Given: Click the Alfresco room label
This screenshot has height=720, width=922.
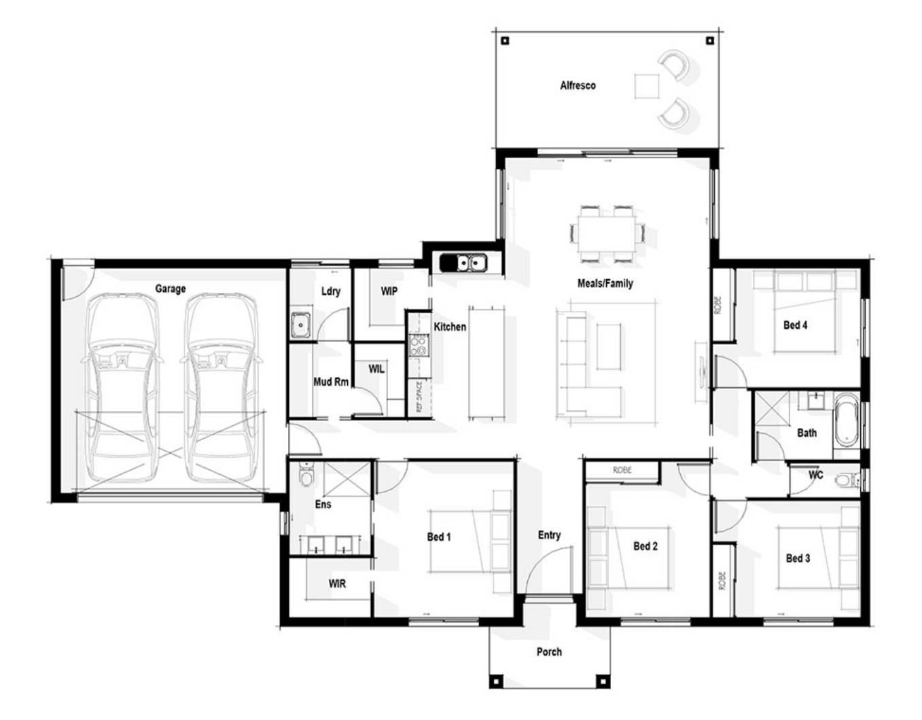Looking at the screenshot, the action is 578,86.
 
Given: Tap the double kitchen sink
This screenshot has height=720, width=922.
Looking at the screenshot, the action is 463,263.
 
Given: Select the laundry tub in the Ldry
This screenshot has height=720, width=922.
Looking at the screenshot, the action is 301,325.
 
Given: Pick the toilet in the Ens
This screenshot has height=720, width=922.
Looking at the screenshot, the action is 306,475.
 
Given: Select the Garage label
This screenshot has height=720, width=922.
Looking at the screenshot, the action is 171,289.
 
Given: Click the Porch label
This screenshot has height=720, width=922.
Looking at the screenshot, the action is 549,651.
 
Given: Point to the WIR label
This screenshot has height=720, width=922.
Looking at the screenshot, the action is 337,583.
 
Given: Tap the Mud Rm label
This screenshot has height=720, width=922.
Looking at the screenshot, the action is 331,382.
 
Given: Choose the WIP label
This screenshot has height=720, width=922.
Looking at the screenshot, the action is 389,291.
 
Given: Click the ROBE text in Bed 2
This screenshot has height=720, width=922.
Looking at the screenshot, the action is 622,470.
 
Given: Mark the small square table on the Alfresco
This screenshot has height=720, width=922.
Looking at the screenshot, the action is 647,86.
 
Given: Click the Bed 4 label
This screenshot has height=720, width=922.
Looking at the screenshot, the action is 795,325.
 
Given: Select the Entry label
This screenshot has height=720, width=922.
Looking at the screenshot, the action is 549,535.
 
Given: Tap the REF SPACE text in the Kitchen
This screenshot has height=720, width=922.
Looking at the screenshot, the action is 419,397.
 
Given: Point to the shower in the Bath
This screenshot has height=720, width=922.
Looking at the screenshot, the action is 771,409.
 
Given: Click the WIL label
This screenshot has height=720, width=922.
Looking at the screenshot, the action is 376,369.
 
